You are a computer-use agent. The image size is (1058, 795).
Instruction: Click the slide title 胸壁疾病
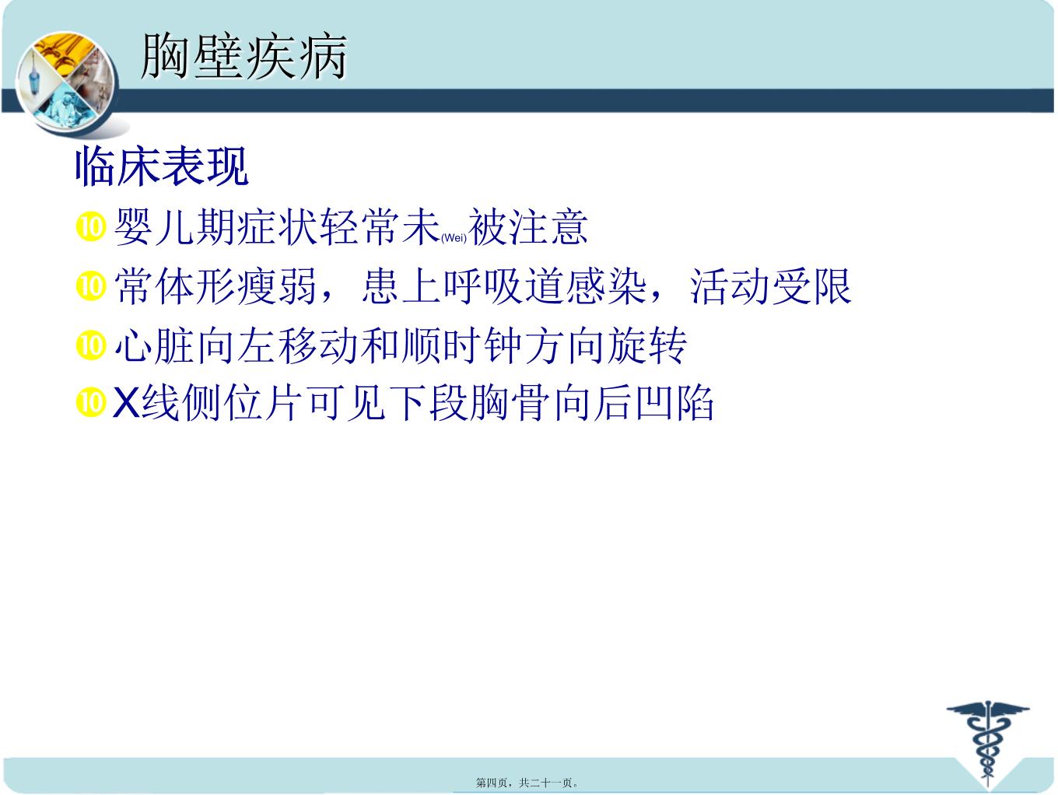(244, 57)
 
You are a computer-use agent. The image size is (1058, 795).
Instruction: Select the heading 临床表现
(162, 166)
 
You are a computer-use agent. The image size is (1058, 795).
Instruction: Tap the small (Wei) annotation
(454, 237)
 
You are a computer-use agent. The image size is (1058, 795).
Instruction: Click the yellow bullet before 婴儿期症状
(90, 226)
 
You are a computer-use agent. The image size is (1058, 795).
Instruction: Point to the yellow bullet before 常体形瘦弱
(90, 286)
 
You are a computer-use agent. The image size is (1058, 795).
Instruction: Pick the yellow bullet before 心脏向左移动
(90, 345)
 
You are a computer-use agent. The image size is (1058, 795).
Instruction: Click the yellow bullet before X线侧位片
(90, 403)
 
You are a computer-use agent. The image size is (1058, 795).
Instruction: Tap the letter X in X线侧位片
(126, 402)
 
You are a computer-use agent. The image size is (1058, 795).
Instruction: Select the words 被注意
(528, 227)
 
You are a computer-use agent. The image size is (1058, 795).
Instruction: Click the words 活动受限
(771, 286)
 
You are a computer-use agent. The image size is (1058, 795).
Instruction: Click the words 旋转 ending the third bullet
(646, 345)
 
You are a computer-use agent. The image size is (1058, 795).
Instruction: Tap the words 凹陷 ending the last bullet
(674, 403)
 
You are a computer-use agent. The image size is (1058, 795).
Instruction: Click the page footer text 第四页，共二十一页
(527, 783)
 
